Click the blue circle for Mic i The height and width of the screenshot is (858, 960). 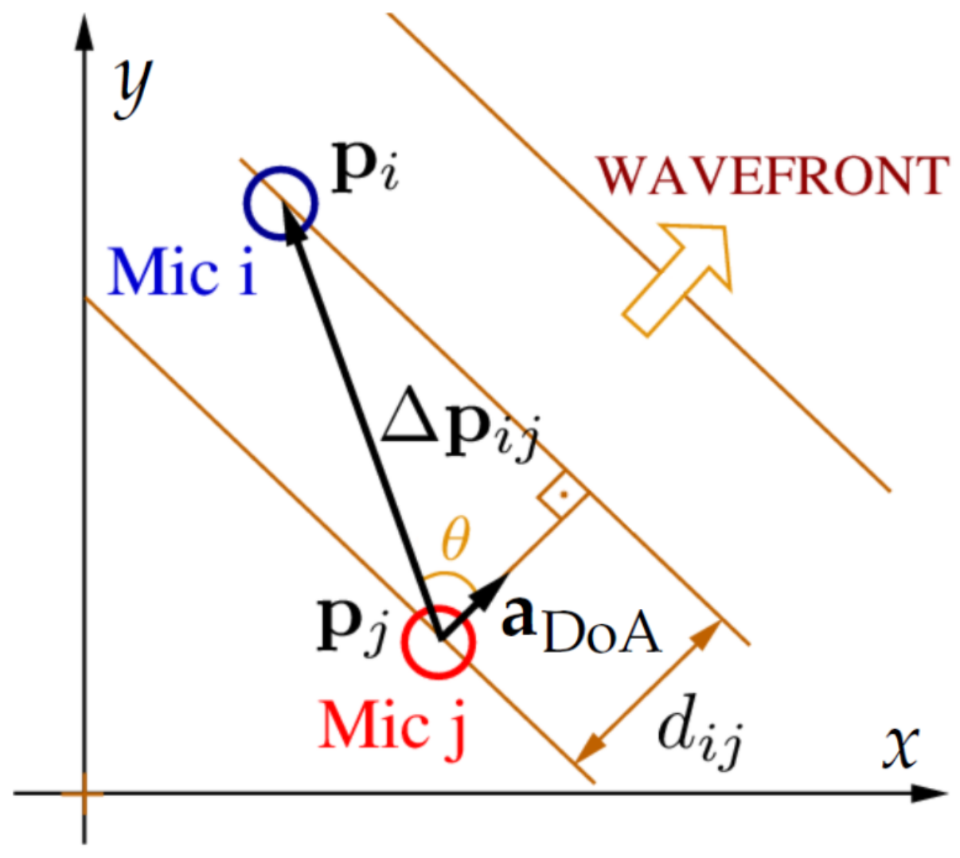pyautogui.click(x=279, y=204)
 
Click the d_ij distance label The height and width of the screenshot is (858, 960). pyautogui.click(x=700, y=731)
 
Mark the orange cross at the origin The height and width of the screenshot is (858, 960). pyautogui.click(x=83, y=794)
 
